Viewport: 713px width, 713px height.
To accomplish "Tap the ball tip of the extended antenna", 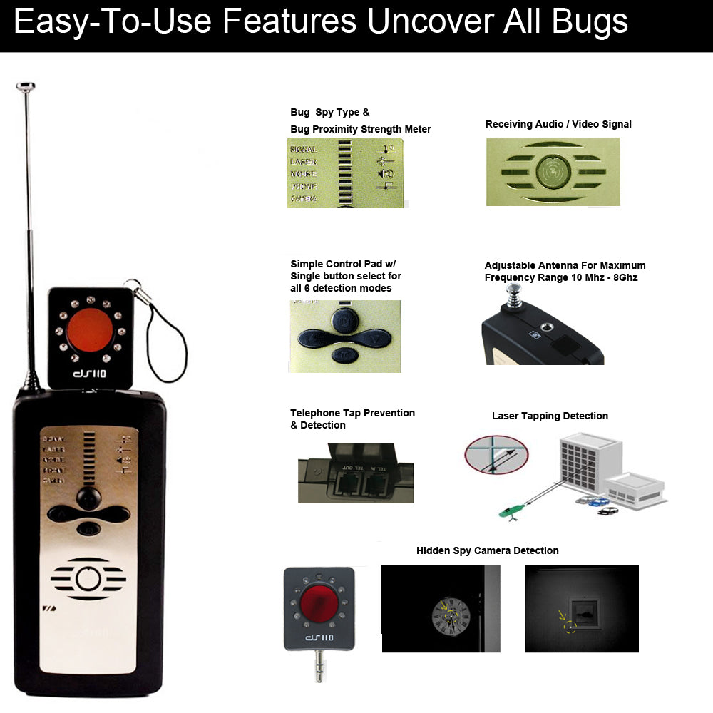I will click(x=26, y=87).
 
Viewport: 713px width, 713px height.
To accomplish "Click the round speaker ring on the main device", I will click(x=88, y=579).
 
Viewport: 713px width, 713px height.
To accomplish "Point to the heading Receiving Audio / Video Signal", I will click(x=558, y=124).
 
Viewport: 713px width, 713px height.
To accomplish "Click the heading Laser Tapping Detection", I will click(x=550, y=416).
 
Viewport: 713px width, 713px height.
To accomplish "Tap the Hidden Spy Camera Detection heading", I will click(x=487, y=550).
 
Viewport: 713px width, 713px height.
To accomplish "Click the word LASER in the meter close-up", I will click(x=303, y=162).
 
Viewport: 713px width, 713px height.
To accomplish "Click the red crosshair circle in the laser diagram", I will click(x=496, y=455).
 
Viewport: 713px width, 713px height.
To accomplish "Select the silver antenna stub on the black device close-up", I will click(x=512, y=299).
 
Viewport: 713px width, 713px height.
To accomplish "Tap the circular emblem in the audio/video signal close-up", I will click(x=553, y=172).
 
